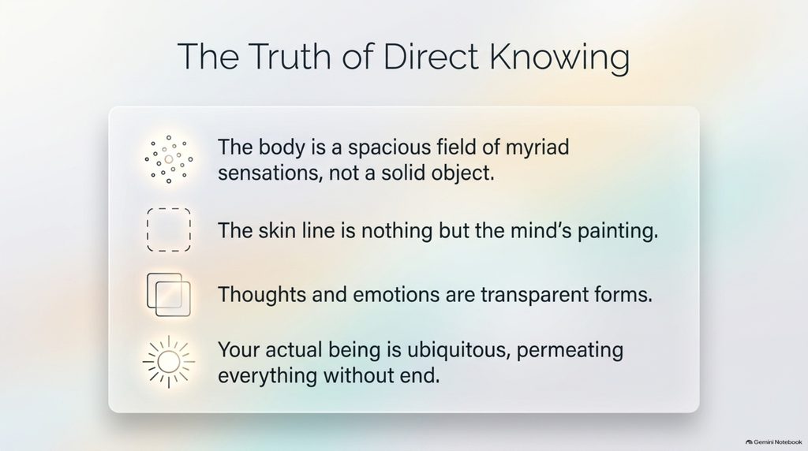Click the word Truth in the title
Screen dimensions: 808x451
290,56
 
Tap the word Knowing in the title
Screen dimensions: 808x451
559,58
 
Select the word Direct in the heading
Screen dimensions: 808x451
431,56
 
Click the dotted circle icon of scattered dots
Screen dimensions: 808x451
169,159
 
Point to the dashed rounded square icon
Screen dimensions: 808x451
148,229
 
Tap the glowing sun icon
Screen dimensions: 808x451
169,362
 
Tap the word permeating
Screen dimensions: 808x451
570,351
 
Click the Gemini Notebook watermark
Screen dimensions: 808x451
774,442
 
